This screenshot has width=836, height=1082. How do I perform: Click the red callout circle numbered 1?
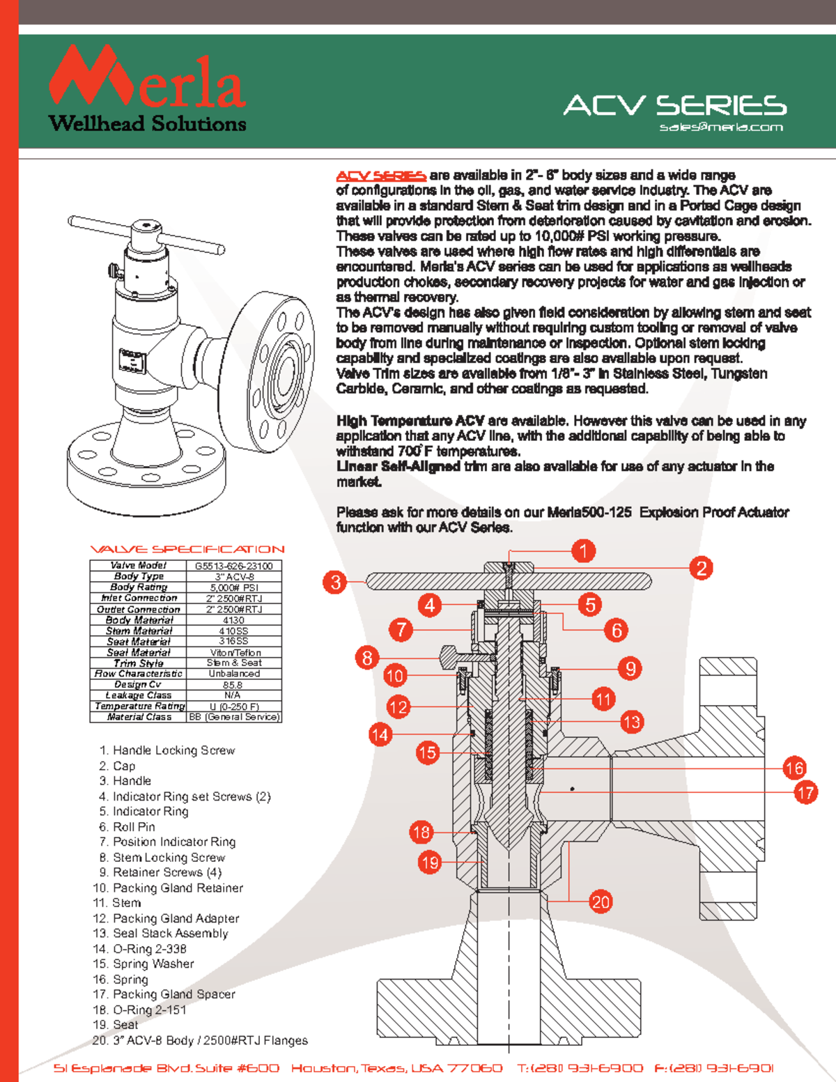coord(583,551)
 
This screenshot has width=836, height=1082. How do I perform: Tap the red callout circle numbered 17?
coord(805,793)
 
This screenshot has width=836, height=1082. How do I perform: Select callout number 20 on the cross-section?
coord(601,902)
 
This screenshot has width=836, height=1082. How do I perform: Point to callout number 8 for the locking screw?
coord(367,658)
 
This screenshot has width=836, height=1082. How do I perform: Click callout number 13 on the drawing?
coord(631,722)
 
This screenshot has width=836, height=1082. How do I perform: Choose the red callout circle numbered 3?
coord(336,582)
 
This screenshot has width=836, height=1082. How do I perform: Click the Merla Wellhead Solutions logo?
coord(147,89)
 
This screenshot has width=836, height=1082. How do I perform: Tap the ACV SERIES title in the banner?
coord(674,105)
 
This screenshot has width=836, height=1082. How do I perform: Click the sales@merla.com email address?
coord(721,127)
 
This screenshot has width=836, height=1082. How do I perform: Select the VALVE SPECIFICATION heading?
coord(187,549)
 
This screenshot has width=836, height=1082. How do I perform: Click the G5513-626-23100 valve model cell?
coord(234,566)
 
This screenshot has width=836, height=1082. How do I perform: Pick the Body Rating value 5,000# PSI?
coord(234,587)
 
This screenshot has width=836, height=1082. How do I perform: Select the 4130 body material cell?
coord(233,620)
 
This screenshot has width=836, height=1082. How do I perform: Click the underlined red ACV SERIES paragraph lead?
coord(381,176)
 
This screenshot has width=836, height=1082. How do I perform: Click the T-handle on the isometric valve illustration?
coord(146,233)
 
